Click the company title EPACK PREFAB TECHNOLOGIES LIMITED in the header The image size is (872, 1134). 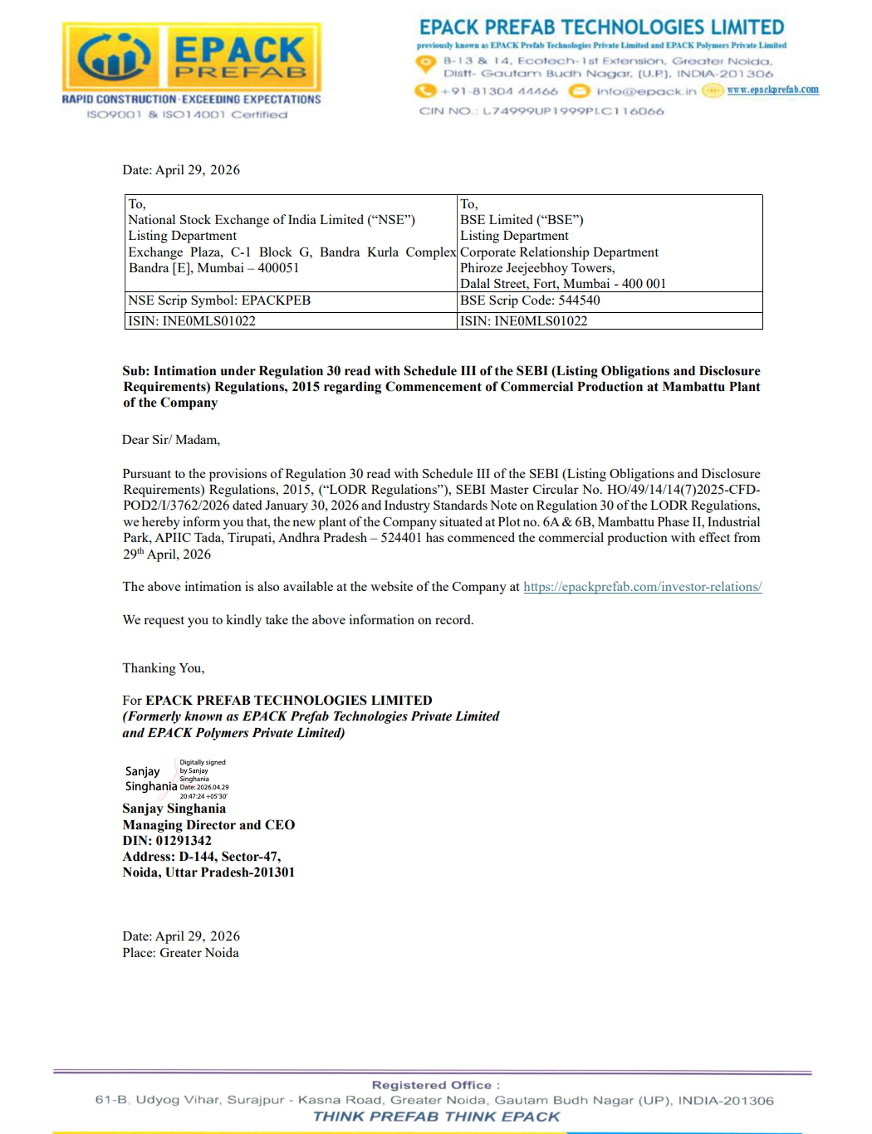click(x=601, y=27)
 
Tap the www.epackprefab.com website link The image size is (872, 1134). click(x=772, y=90)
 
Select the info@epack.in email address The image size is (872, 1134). click(x=646, y=91)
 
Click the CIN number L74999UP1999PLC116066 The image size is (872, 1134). click(x=573, y=111)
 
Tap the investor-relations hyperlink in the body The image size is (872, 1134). click(x=642, y=587)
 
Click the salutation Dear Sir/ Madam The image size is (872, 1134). click(x=171, y=440)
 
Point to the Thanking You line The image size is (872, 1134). click(x=164, y=668)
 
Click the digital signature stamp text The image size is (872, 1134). click(x=203, y=779)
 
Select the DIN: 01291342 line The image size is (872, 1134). click(x=167, y=840)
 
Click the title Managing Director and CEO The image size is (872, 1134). click(x=208, y=824)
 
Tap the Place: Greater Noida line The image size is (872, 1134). click(x=180, y=953)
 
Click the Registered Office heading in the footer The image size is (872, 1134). click(x=435, y=1085)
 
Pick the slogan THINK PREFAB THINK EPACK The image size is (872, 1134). click(x=436, y=1117)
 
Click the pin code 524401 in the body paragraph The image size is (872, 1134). click(x=401, y=538)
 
